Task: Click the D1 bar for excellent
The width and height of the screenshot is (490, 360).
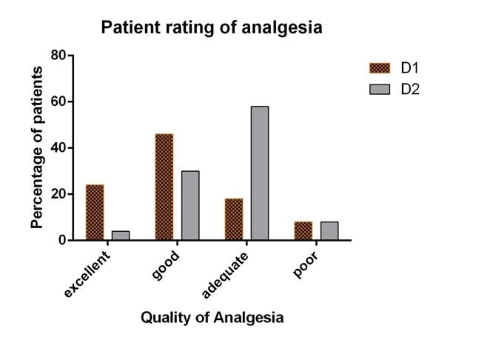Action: click(x=95, y=212)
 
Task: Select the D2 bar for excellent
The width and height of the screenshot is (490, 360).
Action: click(x=121, y=236)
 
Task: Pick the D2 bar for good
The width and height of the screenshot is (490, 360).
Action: click(x=189, y=205)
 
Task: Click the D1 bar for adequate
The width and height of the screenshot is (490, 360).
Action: click(x=233, y=219)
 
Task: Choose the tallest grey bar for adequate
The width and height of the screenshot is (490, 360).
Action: click(x=259, y=173)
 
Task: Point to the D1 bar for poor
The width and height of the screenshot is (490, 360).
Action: click(x=303, y=230)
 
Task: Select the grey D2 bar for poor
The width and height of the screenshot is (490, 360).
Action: click(x=329, y=230)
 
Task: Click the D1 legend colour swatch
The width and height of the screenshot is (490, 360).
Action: click(x=378, y=68)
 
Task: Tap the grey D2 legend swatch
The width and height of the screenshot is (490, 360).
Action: click(x=378, y=89)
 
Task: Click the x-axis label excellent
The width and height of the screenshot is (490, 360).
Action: click(x=87, y=274)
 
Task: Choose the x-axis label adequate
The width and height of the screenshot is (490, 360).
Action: click(x=226, y=275)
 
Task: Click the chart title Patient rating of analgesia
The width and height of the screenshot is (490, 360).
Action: click(x=212, y=28)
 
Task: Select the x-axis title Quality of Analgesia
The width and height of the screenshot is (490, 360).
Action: click(x=212, y=318)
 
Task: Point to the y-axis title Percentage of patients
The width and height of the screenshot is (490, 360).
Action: click(x=36, y=147)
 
